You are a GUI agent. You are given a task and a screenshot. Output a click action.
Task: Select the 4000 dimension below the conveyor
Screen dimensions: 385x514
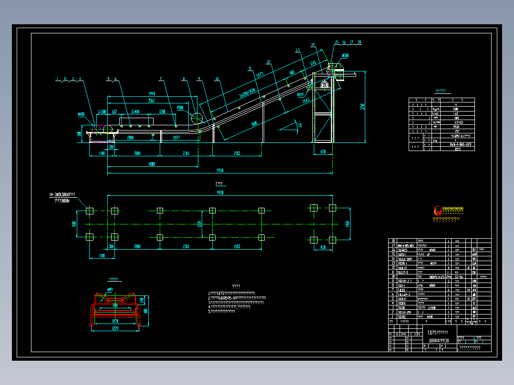pos(151,164)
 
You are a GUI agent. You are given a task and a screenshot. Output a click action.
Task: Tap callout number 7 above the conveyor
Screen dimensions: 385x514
pos(161,79)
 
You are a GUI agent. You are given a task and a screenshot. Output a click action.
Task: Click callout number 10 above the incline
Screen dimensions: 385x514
pos(216,79)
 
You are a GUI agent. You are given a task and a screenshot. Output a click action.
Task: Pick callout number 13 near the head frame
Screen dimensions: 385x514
pos(297,50)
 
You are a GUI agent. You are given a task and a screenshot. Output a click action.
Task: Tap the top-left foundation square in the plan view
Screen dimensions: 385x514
pos(89,210)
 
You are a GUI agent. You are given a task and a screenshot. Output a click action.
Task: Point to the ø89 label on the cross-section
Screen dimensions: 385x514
pos(110,289)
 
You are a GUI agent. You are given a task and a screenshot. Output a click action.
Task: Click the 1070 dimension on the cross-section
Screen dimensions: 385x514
pos(115,322)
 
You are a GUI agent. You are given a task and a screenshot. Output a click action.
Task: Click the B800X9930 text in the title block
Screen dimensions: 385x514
pos(438,340)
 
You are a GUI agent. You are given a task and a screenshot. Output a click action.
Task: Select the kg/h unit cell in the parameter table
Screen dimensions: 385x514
pos(436,109)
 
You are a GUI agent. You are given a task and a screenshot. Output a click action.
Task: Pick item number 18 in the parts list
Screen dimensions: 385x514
pos(393,241)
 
